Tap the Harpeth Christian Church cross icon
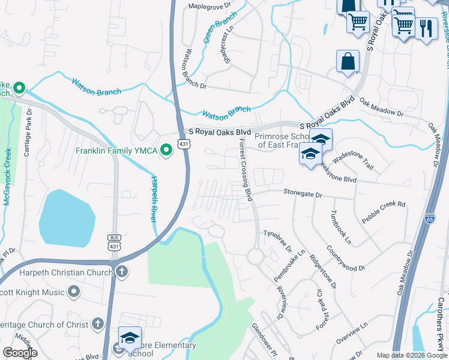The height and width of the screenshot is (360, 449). pos(122,272)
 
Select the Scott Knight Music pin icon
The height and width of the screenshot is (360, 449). pos(74,292)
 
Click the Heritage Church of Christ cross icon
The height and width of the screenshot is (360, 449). pos(98,325)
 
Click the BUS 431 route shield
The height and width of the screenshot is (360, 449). pos(113,242)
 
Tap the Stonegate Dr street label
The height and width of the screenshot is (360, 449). pos(303,194)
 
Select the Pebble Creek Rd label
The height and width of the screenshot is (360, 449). pos(384,211)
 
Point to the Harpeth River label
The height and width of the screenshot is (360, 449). pos(155,199)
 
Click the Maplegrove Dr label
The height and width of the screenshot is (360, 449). pos(209,5)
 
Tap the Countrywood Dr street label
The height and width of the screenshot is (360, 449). pos(346,257)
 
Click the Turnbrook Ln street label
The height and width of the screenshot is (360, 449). pos(340,227)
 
